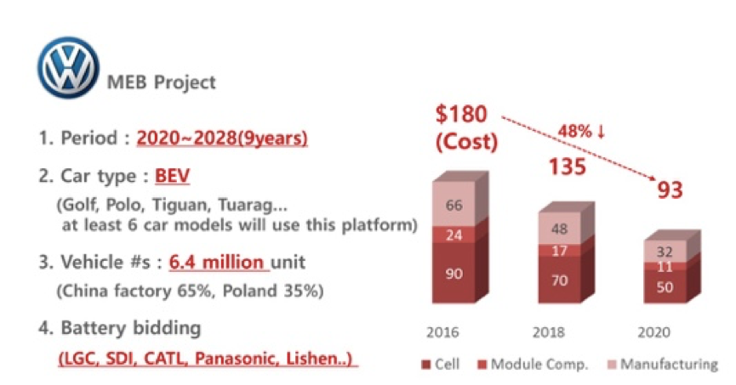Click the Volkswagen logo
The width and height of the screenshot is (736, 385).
click(68, 67)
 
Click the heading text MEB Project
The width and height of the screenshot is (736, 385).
click(162, 82)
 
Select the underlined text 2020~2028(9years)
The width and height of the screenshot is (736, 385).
click(222, 138)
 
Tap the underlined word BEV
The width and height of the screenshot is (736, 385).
click(172, 176)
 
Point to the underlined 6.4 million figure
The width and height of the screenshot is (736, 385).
click(216, 262)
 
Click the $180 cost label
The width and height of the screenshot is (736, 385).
click(461, 114)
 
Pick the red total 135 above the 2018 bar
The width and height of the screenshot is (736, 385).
click(568, 167)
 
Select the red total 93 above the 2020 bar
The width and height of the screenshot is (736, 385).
click(670, 190)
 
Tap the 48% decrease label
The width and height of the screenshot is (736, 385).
click(582, 131)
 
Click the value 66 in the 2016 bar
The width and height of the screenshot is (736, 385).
click(454, 206)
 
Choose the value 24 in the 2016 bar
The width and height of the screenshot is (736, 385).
click(454, 235)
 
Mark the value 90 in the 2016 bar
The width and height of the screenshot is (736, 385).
click(454, 274)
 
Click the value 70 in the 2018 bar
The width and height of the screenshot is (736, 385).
click(560, 280)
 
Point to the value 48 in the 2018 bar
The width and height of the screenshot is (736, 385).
click(560, 229)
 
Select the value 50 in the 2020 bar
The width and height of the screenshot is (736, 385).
click(665, 287)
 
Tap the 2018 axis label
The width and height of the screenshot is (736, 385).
click(548, 332)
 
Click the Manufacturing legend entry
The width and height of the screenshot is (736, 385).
click(663, 365)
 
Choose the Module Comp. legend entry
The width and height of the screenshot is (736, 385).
click(533, 365)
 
